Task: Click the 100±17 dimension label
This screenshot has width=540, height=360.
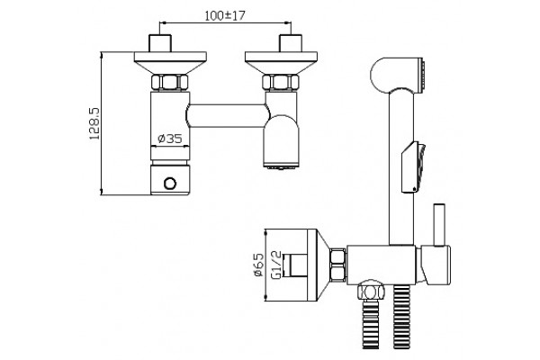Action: coord(225,15)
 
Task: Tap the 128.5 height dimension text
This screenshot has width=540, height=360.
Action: coord(94,123)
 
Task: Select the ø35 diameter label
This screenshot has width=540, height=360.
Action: coord(170,139)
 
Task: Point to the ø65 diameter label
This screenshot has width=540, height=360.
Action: coord(258,265)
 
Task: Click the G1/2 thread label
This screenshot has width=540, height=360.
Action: coord(276,265)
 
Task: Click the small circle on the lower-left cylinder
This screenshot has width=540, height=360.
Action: coord(170,184)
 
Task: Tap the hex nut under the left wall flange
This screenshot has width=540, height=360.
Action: coord(170,82)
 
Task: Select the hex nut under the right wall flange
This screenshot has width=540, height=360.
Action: coord(281,82)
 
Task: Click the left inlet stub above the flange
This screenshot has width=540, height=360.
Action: coord(160,43)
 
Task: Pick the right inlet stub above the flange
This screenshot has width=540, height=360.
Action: coord(291,43)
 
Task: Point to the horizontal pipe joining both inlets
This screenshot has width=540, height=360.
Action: coord(228,116)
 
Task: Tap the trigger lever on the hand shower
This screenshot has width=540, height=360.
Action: coord(414,167)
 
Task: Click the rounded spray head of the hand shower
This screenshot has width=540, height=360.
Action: coord(397,76)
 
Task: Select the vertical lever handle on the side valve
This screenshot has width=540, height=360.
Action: coord(439,225)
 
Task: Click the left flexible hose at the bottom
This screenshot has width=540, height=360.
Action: coord(371,324)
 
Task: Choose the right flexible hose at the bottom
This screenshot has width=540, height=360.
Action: coord(401,317)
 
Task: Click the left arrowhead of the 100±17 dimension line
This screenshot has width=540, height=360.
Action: coord(163,22)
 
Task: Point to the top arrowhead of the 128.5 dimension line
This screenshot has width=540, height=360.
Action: coord(102,56)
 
